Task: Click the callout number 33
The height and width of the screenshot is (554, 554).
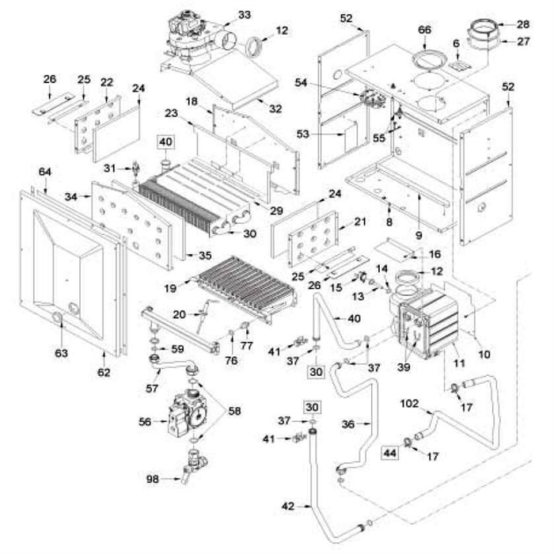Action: pyautogui.click(x=244, y=15)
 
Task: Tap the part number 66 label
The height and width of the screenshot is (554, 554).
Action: pyautogui.click(x=424, y=29)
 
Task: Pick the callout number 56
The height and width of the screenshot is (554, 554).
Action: pyautogui.click(x=144, y=422)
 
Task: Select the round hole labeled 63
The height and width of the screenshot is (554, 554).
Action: pyautogui.click(x=58, y=318)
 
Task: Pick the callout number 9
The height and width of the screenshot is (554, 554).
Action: pyautogui.click(x=418, y=236)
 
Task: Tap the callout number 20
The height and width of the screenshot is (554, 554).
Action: pyautogui.click(x=180, y=314)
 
